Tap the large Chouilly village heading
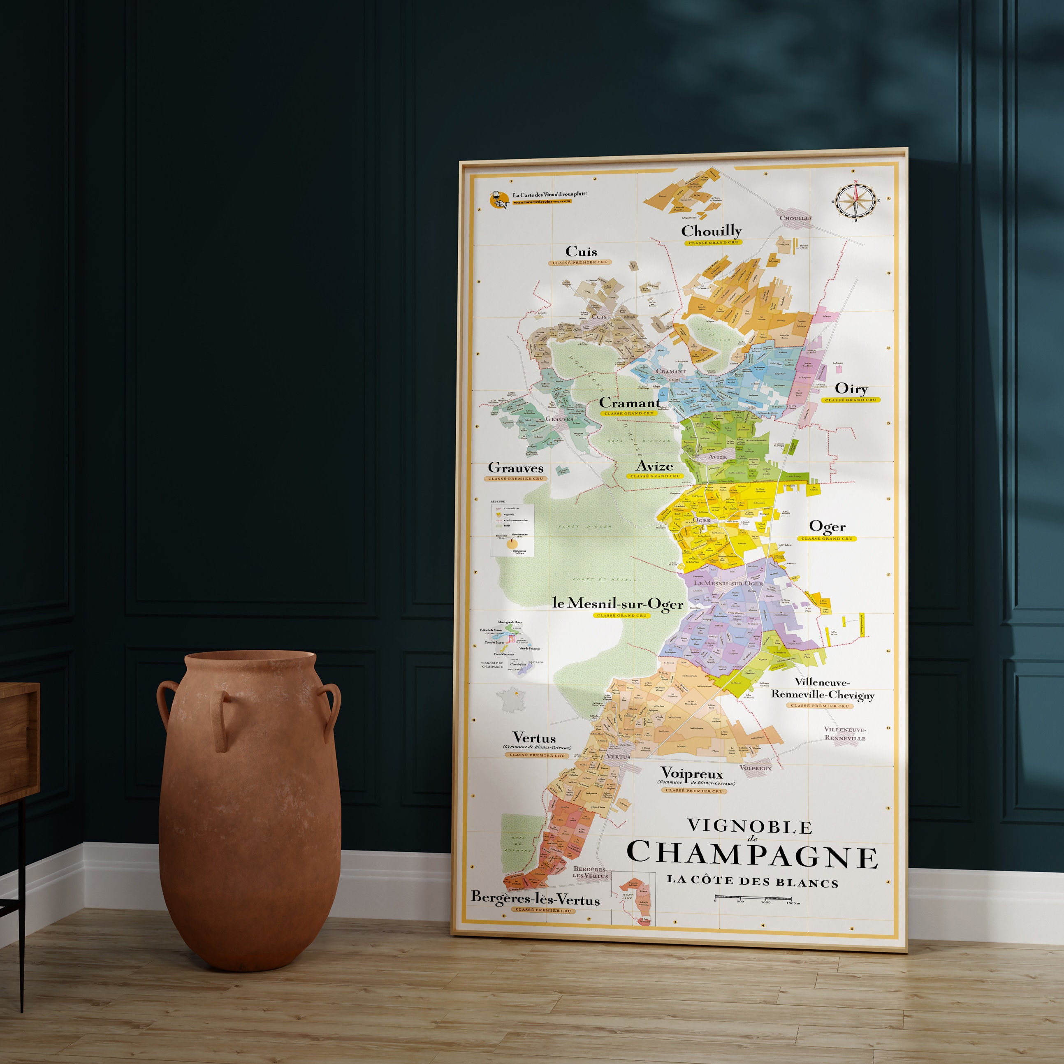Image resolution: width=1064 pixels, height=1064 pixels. pyautogui.click(x=711, y=231)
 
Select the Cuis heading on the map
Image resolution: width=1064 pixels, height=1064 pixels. pyautogui.click(x=581, y=252)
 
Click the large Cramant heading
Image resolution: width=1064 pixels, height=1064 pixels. pyautogui.click(x=629, y=403)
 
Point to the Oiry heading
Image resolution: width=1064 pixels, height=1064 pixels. pyautogui.click(x=851, y=389)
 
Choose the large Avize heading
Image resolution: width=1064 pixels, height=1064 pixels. pyautogui.click(x=654, y=466)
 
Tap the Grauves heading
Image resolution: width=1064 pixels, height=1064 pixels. pyautogui.click(x=515, y=468)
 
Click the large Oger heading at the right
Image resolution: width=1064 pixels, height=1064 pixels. pyautogui.click(x=827, y=527)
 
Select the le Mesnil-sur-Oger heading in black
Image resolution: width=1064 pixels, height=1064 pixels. pyautogui.click(x=618, y=604)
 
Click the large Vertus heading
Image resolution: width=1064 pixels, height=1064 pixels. pyautogui.click(x=534, y=737)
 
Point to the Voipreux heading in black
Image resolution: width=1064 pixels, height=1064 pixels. pyautogui.click(x=692, y=773)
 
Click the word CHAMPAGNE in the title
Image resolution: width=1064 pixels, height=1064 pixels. pyautogui.click(x=752, y=853)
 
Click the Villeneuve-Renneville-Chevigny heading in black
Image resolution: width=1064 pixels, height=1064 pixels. pyautogui.click(x=822, y=688)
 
